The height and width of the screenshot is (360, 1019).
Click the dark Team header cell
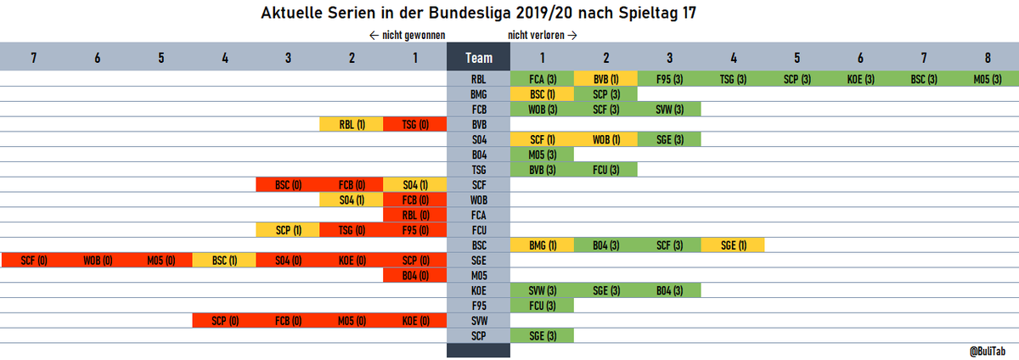tap(478, 57)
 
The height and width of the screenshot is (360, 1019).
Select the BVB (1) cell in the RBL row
tap(605, 79)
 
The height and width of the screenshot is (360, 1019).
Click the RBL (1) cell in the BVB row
tap(352, 124)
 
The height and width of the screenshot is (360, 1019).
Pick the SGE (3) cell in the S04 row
tap(669, 139)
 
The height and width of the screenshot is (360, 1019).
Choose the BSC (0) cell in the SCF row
tap(288, 185)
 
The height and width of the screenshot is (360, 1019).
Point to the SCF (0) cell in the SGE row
tap(34, 261)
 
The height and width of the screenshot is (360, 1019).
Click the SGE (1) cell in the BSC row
tap(733, 245)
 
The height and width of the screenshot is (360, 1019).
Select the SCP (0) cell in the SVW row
tap(224, 321)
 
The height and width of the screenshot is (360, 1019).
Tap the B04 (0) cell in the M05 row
tap(415, 275)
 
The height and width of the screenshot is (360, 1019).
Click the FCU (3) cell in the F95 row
tap(542, 306)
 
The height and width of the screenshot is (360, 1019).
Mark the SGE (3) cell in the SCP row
tap(542, 336)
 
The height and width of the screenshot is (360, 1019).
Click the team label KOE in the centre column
tap(479, 290)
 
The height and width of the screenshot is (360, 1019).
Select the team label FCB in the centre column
tap(479, 110)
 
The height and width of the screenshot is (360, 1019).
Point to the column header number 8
tap(988, 58)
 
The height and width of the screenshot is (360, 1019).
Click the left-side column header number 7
tap(34, 58)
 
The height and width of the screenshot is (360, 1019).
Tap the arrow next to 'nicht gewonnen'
tap(374, 36)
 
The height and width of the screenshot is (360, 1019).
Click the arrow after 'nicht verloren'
tap(572, 36)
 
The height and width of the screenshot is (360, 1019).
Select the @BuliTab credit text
tap(987, 352)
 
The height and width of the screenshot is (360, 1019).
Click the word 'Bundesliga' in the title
tap(470, 14)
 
